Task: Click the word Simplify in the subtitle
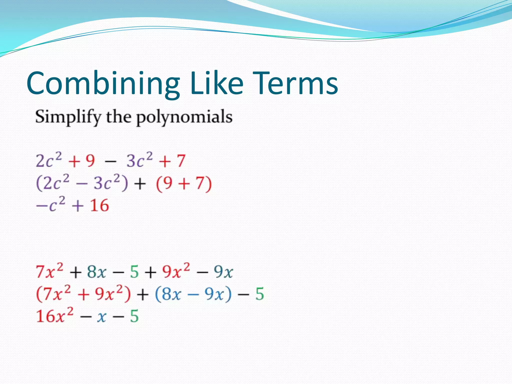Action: (68, 117)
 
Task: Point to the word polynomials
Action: (184, 117)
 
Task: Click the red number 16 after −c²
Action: (99, 205)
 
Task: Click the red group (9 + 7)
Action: (184, 183)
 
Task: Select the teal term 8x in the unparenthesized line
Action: (96, 272)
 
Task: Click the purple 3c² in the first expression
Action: (139, 160)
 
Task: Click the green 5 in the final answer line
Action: (134, 316)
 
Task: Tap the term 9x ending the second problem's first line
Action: (223, 272)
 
